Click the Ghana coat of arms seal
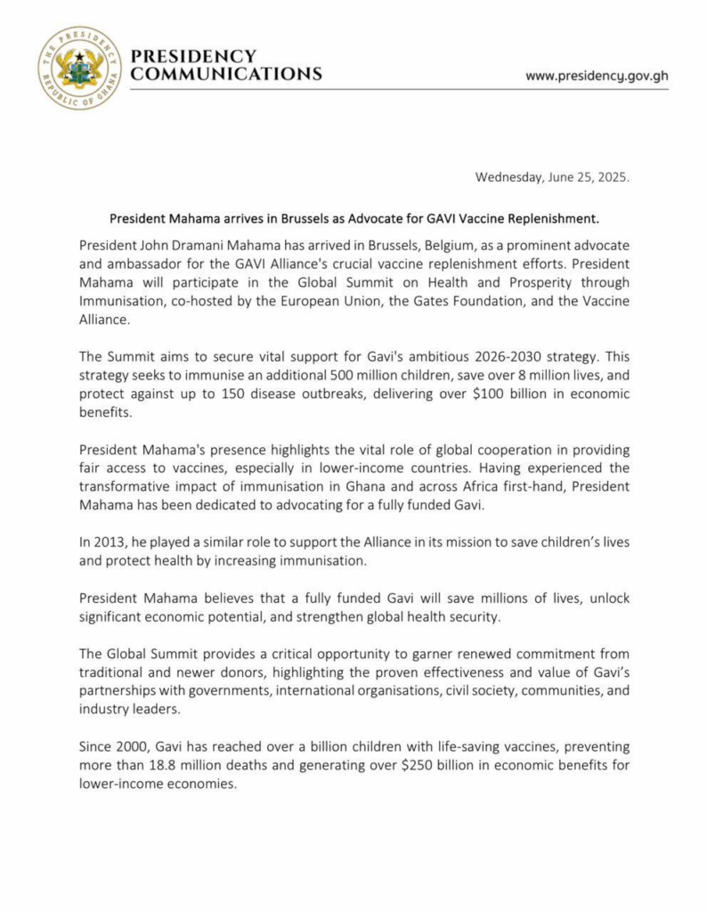(x=79, y=69)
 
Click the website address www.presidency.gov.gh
(x=597, y=76)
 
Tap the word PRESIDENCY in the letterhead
(x=193, y=56)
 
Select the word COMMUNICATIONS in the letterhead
(x=226, y=75)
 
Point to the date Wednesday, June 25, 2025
(x=552, y=176)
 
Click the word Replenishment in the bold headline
(x=553, y=217)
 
